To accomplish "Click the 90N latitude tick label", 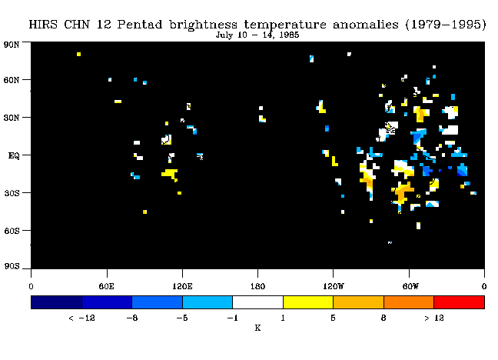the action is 12,44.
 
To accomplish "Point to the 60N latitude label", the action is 12,80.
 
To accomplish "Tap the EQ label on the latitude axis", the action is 14,155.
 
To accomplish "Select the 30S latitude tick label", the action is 12,193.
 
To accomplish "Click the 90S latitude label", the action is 12,266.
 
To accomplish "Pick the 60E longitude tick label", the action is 106,286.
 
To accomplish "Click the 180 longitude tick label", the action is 257,286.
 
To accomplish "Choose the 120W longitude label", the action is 334,286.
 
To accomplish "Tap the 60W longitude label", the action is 410,286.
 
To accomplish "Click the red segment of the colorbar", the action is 460,302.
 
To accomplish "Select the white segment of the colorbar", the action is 258,302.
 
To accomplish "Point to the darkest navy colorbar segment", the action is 57,302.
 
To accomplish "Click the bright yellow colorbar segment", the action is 308,302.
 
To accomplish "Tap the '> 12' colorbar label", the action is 434,318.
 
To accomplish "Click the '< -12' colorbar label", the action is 81,318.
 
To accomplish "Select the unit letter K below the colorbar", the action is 257,328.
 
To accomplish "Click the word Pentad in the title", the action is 140,25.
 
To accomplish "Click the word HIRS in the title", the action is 43,25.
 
